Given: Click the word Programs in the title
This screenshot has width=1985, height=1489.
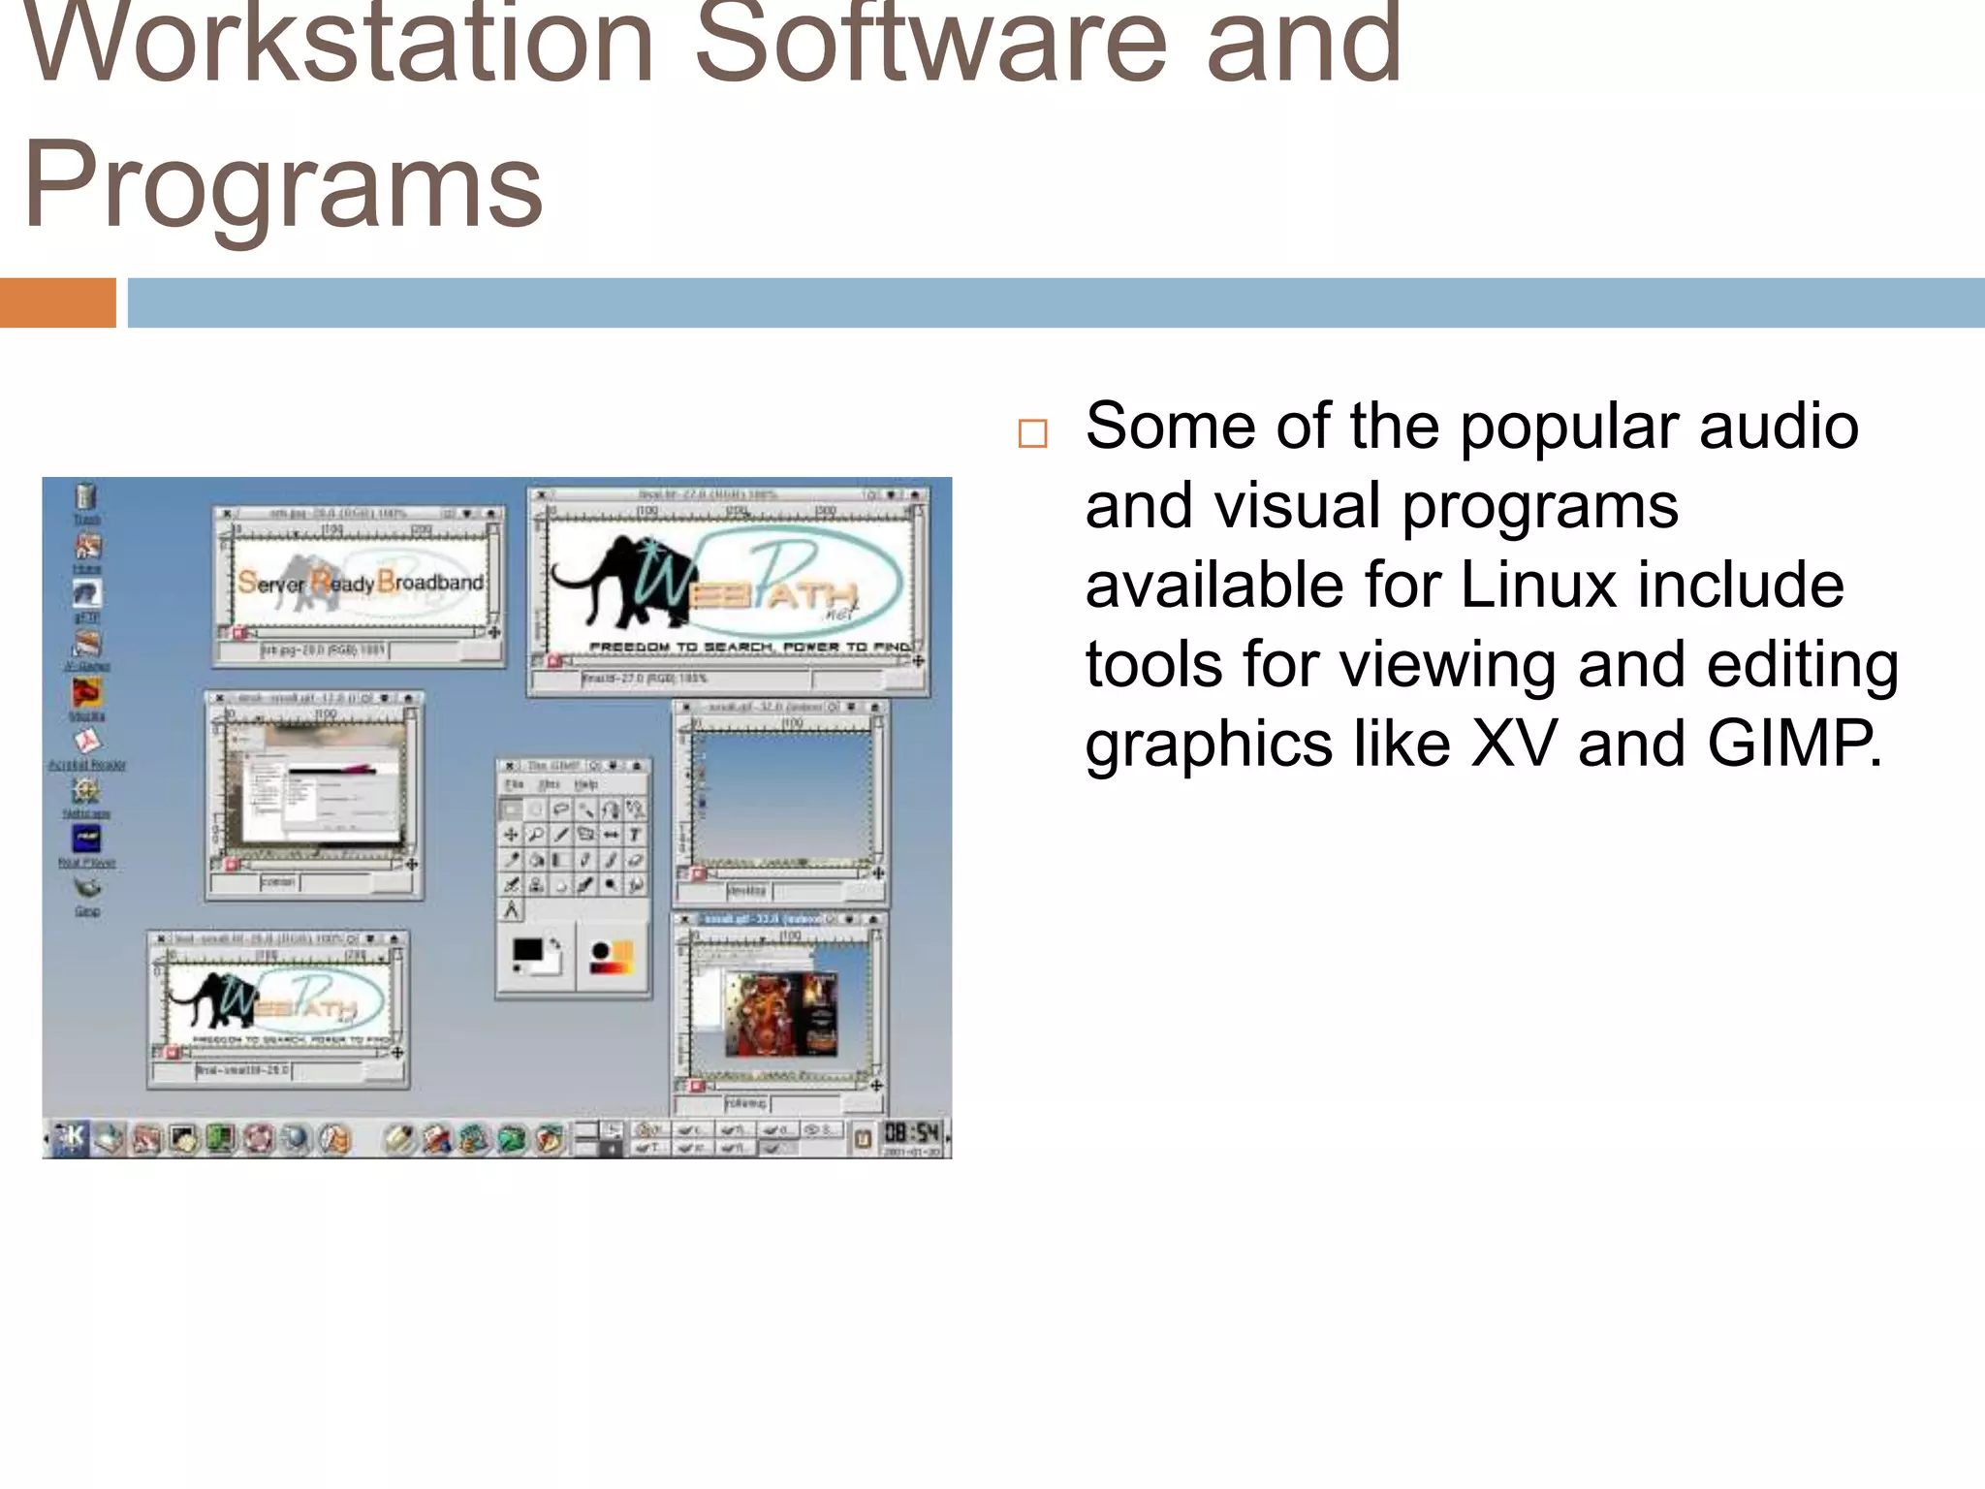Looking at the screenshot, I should click(283, 184).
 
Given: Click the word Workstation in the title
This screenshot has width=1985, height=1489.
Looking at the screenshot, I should click(339, 44).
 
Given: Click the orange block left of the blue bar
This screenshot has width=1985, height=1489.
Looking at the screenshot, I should click(57, 302).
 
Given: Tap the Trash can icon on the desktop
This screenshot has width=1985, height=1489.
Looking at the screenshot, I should click(86, 496).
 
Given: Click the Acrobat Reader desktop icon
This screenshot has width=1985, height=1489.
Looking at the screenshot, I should click(87, 743).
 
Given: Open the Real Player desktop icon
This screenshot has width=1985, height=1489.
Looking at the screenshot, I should click(86, 840).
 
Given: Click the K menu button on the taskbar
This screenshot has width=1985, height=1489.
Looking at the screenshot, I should click(71, 1137).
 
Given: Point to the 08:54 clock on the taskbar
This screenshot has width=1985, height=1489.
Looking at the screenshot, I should click(912, 1132).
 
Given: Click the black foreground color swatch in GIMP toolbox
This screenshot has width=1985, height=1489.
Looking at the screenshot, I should click(526, 949).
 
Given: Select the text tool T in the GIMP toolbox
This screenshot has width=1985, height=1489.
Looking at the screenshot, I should click(635, 834).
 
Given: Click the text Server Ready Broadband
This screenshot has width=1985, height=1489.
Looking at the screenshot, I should click(361, 582).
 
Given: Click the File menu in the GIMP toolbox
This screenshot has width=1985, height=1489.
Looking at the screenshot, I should click(515, 784).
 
